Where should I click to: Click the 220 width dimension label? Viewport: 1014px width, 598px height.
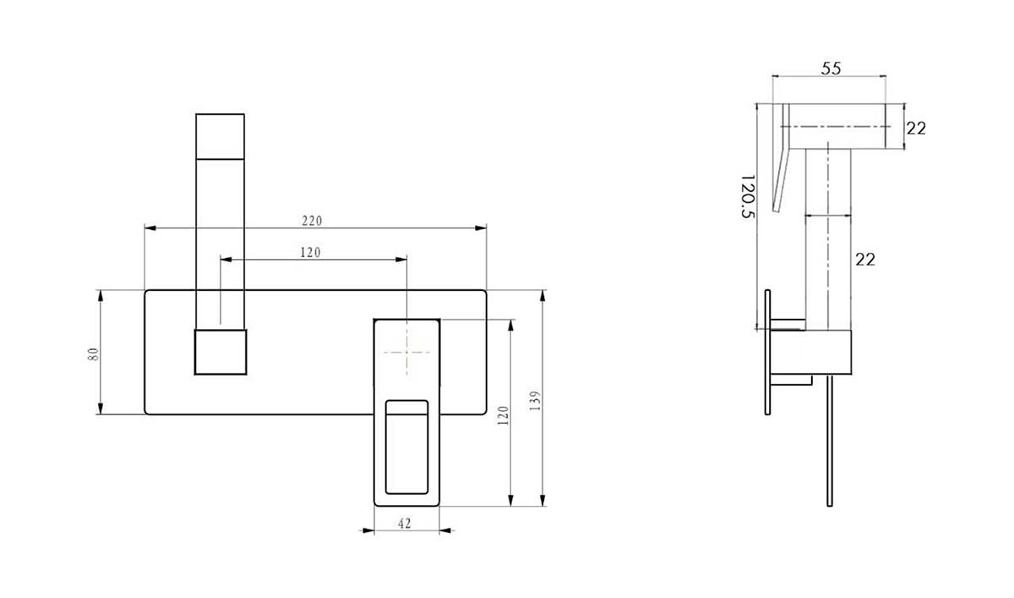(312, 221)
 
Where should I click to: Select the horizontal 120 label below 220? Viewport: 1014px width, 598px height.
(311, 252)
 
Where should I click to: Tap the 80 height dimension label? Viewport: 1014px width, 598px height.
(93, 354)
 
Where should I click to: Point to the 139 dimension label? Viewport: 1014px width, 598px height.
(535, 401)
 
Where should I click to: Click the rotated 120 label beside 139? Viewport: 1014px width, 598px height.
(504, 415)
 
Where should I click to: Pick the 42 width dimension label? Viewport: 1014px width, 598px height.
(405, 524)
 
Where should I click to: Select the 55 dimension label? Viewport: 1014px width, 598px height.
(831, 69)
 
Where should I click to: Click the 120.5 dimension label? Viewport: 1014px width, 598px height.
(749, 196)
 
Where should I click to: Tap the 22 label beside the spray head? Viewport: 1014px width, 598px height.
(916, 129)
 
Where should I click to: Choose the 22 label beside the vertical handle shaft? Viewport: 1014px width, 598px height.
(865, 260)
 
